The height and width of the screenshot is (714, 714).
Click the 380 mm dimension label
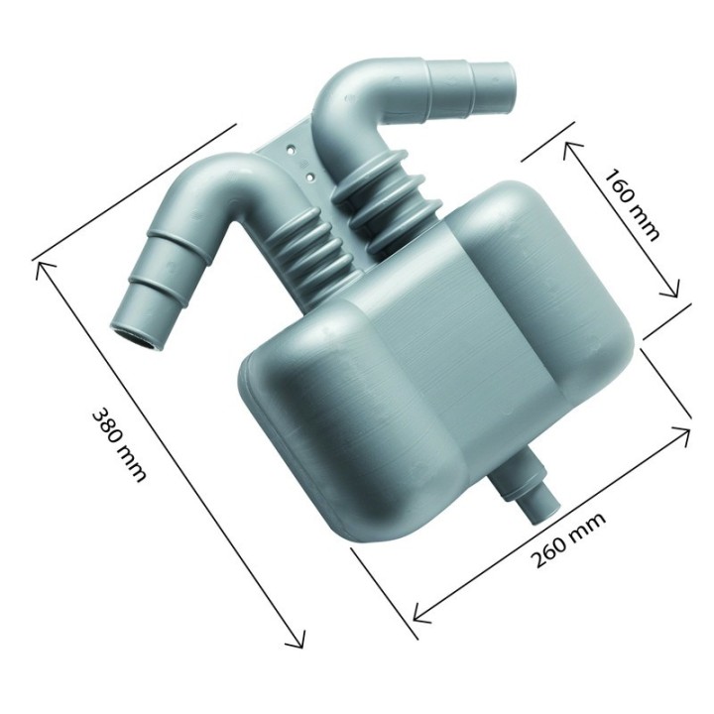click(x=119, y=443)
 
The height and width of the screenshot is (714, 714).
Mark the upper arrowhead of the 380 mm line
click(x=40, y=264)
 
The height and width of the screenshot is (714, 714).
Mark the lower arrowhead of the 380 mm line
click(x=298, y=645)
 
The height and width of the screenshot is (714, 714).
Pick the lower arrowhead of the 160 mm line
click(x=675, y=293)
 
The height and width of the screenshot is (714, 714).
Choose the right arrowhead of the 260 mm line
click(x=686, y=429)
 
